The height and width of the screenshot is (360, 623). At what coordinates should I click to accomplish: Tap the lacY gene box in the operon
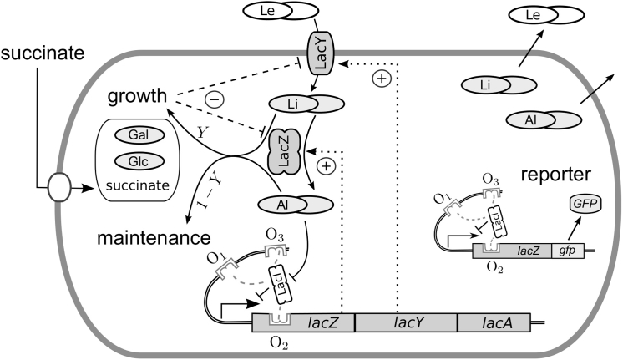click(406, 321)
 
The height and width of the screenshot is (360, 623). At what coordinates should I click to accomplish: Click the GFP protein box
click(576, 204)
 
